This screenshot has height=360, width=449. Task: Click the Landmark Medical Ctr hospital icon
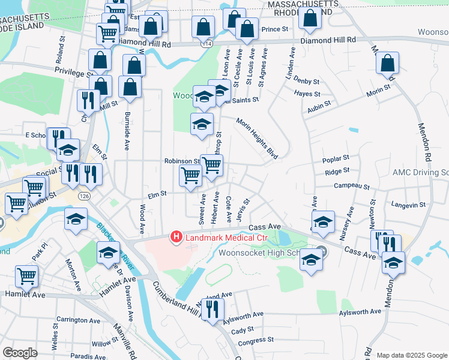(176, 238)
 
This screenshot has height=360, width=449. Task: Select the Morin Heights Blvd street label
(257, 139)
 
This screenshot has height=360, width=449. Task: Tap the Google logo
(20, 353)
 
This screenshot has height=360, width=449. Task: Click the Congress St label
(256, 341)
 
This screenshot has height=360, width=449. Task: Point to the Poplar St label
(336, 159)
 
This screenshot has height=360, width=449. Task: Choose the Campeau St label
(351, 186)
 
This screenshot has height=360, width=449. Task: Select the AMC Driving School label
(420, 172)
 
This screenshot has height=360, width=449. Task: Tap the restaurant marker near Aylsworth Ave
(212, 309)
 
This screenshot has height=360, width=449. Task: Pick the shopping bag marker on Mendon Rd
(388, 64)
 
